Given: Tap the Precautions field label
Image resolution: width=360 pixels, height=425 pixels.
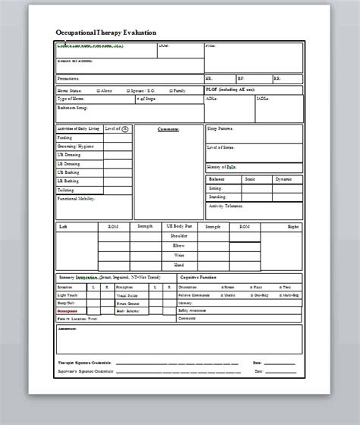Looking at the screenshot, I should pos(69,78).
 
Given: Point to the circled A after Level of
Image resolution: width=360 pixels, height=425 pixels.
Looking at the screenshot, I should pos(125,129).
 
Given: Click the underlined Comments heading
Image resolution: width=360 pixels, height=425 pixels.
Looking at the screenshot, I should pos(168,129).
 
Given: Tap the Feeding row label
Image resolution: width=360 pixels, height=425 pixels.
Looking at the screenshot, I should pos(65,138).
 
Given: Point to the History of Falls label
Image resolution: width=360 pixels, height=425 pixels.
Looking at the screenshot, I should pos(221,166).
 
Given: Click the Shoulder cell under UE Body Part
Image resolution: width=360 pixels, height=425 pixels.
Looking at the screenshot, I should pos(180,236).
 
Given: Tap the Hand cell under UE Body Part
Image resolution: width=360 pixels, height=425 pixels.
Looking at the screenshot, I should pos(180,265).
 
